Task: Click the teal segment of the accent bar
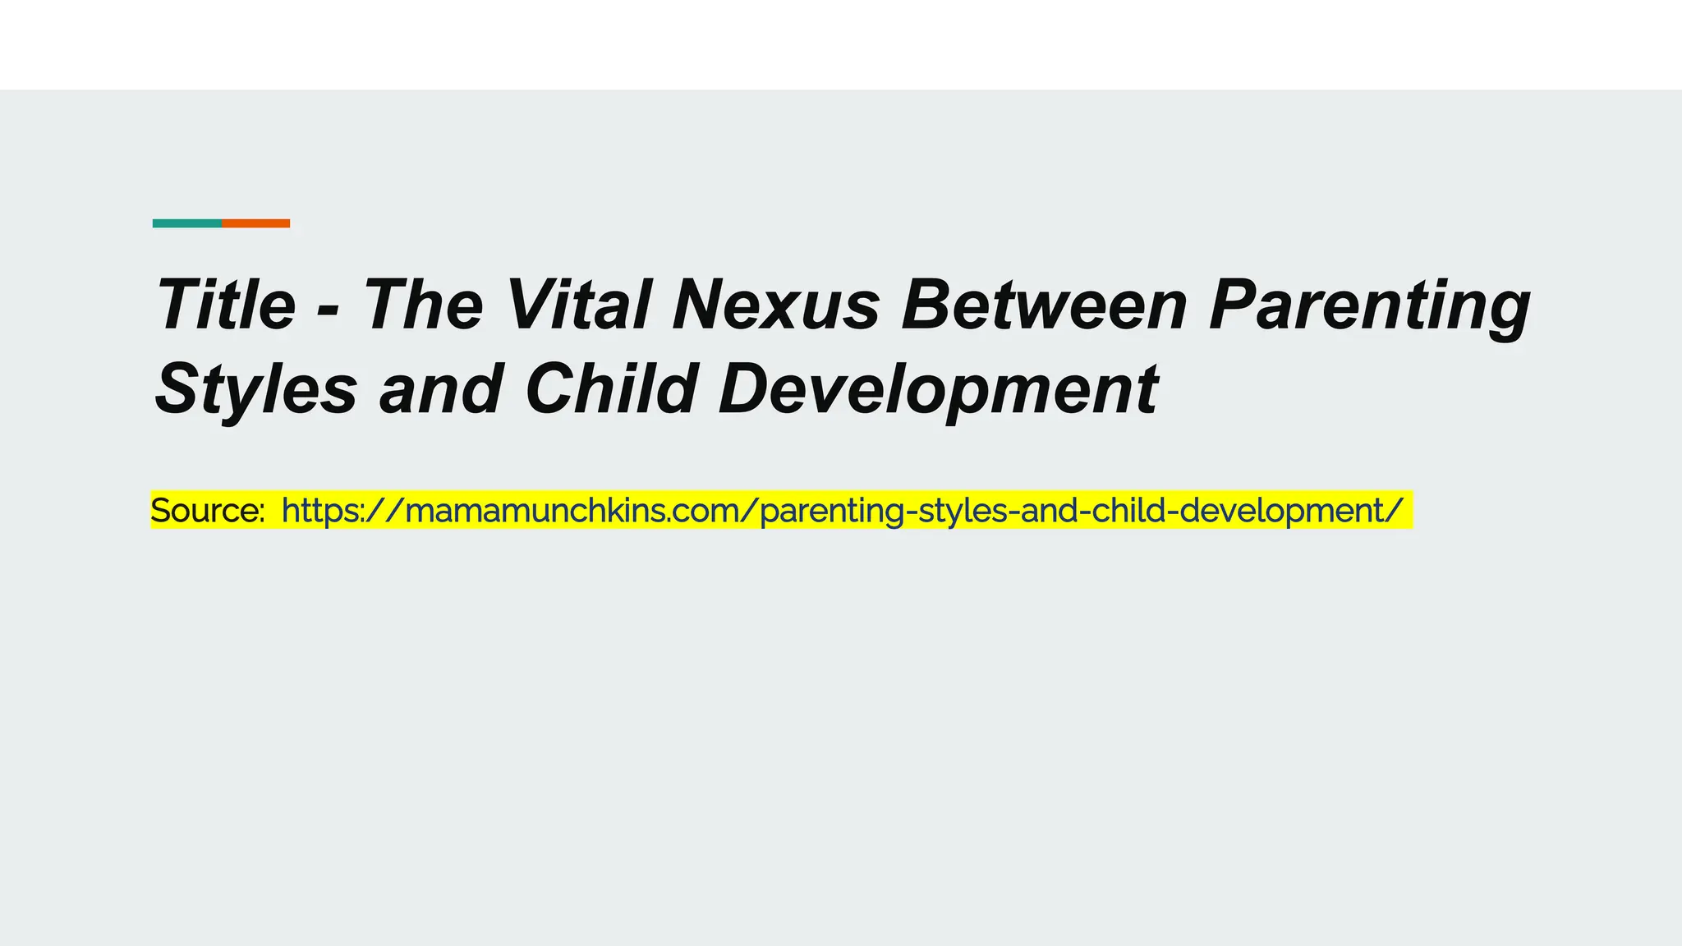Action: click(186, 223)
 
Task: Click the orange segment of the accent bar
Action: click(255, 223)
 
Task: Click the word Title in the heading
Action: click(226, 305)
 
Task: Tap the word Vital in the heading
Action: click(578, 305)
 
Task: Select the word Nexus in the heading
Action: click(776, 305)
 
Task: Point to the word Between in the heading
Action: click(1044, 305)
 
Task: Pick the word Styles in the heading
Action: click(255, 390)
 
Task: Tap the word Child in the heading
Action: click(611, 388)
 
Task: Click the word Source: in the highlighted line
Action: click(207, 511)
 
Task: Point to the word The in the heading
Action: click(423, 305)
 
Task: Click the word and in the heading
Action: click(441, 389)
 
